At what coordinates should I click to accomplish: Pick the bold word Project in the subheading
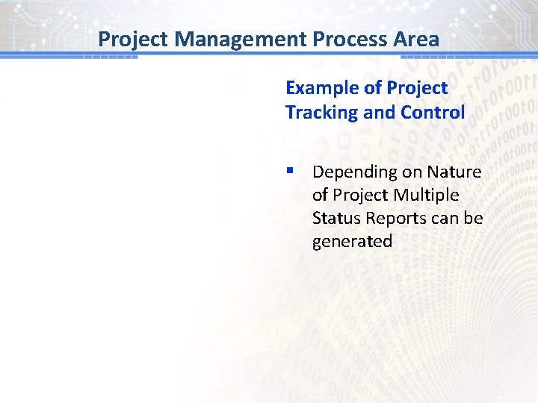[x=417, y=88]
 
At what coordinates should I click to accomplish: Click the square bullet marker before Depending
[x=290, y=172]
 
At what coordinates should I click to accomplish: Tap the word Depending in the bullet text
[x=355, y=172]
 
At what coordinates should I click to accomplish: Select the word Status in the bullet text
[x=333, y=219]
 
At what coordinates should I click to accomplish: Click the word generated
[x=352, y=242]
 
